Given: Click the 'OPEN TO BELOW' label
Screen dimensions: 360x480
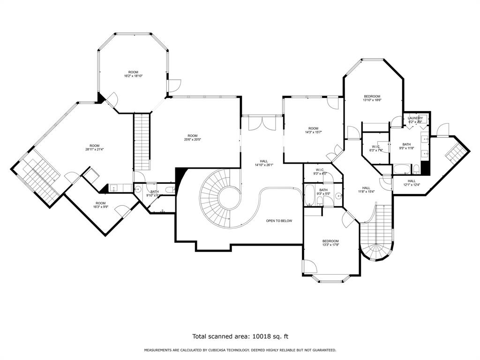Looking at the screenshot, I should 279,221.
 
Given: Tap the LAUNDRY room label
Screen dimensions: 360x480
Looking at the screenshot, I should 415,118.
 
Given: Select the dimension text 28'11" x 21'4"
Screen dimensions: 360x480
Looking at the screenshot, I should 95,150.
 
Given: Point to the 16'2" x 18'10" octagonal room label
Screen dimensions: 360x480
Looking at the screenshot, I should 133,74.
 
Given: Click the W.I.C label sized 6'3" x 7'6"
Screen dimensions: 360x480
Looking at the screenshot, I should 375,148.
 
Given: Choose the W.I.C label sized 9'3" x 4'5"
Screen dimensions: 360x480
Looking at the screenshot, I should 320,172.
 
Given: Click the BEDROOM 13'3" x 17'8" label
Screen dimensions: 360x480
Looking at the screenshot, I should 330,243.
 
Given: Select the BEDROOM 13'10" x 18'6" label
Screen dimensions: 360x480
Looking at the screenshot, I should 372,98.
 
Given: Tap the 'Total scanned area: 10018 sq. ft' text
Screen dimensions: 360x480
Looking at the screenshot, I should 240,336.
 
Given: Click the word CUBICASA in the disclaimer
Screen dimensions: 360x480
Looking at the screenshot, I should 217,350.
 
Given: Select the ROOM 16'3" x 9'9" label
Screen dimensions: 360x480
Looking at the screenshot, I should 101,205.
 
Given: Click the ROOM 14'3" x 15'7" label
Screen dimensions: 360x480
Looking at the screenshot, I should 313,130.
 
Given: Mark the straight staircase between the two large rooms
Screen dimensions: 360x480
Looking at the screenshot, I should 142,142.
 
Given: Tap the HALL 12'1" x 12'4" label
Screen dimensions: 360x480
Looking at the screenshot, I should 411,183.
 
